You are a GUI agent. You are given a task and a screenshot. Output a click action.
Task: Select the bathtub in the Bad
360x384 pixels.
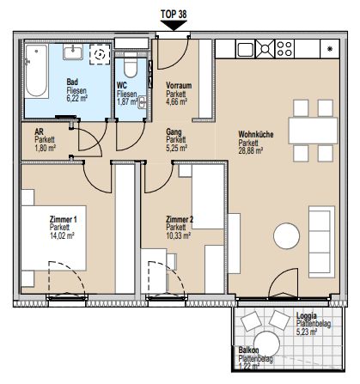click(39, 73)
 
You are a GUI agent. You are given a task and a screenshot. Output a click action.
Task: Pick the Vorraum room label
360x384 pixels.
click(178, 84)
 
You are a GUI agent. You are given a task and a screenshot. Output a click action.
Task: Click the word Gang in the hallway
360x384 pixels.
click(174, 131)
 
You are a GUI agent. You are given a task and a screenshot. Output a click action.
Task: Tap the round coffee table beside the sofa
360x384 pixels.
click(285, 236)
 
